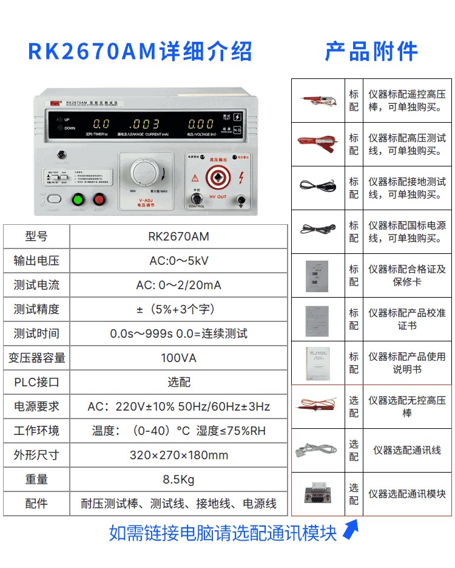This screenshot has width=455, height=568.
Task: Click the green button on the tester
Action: point(78,199)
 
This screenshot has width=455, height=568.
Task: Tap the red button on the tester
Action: point(99,199)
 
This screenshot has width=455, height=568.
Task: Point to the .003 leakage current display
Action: point(145,124)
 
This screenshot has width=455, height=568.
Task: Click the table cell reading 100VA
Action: point(178,358)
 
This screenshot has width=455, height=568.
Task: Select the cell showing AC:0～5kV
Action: point(178,261)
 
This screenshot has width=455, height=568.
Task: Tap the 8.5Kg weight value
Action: point(178,479)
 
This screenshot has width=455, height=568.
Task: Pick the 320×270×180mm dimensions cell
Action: point(178,455)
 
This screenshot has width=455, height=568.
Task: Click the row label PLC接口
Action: point(36,382)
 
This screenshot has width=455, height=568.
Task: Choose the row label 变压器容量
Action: point(36,358)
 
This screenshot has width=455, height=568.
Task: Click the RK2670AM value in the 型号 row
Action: point(178,236)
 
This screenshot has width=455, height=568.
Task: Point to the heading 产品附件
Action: point(371,52)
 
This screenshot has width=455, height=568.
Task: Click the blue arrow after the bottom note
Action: point(348,532)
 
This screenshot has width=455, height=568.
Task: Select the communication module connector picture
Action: point(318,494)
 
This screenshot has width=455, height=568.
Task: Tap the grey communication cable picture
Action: point(318,451)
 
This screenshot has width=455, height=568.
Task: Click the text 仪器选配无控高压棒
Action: point(406,406)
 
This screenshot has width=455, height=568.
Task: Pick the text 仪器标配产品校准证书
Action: point(406,319)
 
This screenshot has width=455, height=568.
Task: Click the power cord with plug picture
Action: point(318,231)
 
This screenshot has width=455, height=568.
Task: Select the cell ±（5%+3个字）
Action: point(178,309)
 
